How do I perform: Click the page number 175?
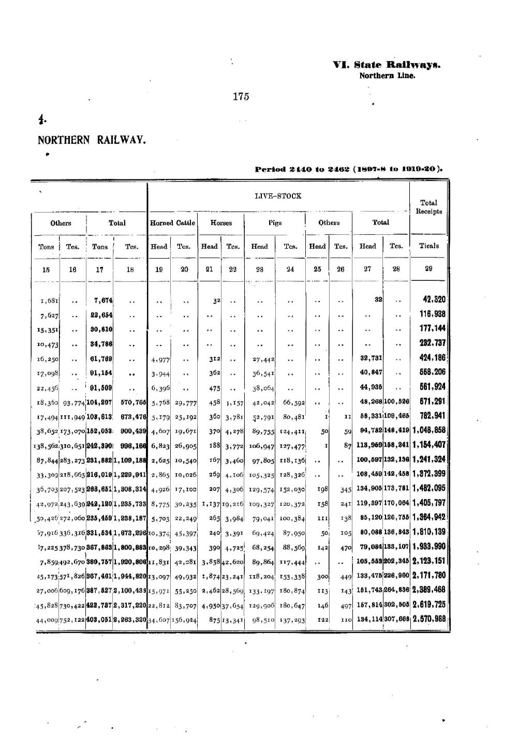[241, 96]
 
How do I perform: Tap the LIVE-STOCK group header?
[278, 196]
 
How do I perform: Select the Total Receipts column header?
[428, 207]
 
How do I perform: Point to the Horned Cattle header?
[172, 223]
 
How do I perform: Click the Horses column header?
[221, 223]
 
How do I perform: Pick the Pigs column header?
[275, 223]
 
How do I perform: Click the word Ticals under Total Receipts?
[428, 246]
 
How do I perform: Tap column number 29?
[428, 268]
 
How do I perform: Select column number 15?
[46, 269]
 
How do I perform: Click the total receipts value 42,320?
[434, 299]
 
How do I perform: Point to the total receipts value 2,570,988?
[429, 619]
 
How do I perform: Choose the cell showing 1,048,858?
[429, 430]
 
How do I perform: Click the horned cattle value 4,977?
[160, 358]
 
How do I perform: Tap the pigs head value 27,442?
[263, 358]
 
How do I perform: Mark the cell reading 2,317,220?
[130, 605]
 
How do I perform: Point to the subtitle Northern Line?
[387, 76]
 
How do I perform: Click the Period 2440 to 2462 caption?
[350, 169]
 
